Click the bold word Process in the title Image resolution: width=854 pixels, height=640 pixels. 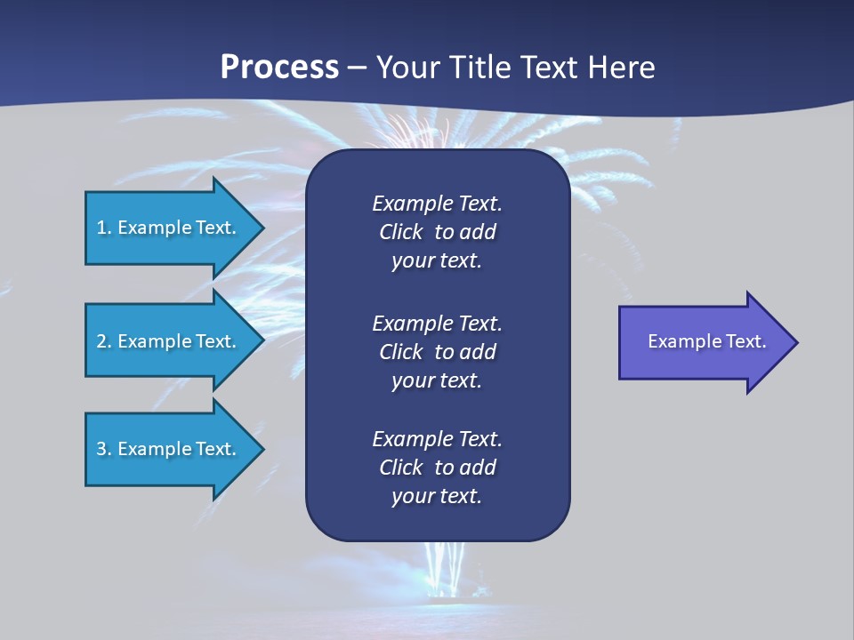pyautogui.click(x=279, y=68)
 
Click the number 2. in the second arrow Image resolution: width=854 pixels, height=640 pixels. pyautogui.click(x=103, y=341)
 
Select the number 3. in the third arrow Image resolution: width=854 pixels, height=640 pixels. pyautogui.click(x=103, y=449)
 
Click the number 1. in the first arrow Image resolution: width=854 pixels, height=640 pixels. pyautogui.click(x=103, y=228)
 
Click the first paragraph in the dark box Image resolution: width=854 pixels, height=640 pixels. pyautogui.click(x=437, y=232)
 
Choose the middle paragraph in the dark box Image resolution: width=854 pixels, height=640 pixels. pyautogui.click(x=437, y=351)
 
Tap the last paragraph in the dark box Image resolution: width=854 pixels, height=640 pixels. pyautogui.click(x=437, y=468)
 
